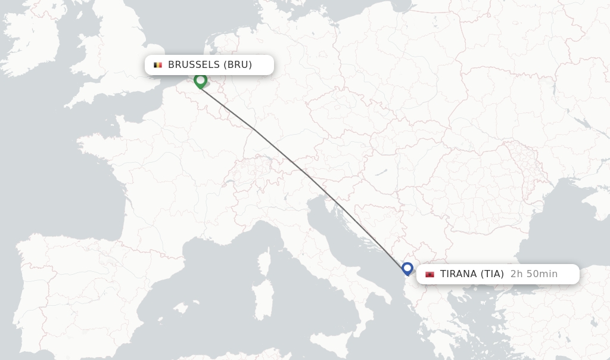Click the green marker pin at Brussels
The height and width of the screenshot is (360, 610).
tap(200, 80)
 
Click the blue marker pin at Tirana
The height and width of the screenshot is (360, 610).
tap(407, 268)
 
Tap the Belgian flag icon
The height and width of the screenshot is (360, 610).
tap(158, 65)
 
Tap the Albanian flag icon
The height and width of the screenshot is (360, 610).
tap(430, 274)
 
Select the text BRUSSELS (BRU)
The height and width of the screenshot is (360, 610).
tap(210, 65)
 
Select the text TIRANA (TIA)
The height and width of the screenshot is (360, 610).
tap(472, 274)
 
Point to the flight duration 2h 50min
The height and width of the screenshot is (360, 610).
tap(534, 274)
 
